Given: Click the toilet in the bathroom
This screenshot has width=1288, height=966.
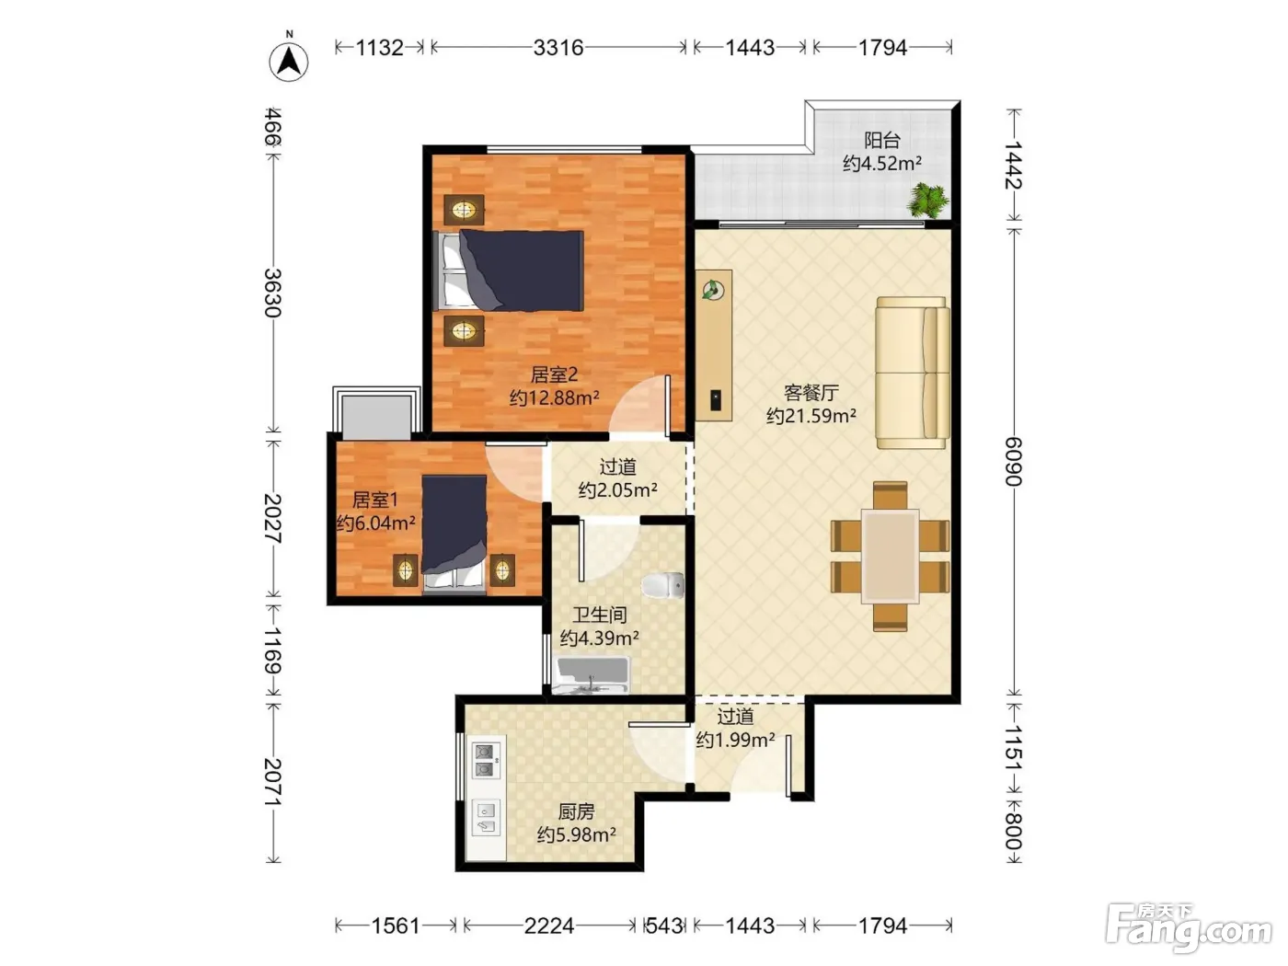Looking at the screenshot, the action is click(663, 586).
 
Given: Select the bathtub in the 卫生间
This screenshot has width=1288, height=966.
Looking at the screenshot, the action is click(592, 676).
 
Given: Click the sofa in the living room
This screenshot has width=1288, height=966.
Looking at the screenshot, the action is click(913, 373).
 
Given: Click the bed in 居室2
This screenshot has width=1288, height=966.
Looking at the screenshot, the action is click(508, 270).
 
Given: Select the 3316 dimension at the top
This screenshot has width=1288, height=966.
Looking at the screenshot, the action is click(558, 48).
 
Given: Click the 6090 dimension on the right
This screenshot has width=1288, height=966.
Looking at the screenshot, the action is click(1014, 462).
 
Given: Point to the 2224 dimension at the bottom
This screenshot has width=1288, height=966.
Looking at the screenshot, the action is click(548, 926).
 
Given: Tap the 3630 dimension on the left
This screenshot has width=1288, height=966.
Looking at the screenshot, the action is click(273, 293).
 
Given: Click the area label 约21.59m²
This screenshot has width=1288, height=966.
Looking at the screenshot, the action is click(811, 416).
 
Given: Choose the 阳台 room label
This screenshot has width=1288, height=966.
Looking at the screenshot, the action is click(882, 140).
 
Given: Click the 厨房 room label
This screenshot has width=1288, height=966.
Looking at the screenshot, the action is click(576, 811).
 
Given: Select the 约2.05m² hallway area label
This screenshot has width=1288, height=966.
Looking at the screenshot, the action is click(618, 489).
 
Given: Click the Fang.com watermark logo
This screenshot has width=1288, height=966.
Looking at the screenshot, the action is click(1188, 926).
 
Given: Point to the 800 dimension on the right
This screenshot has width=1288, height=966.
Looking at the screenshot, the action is click(1014, 831).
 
